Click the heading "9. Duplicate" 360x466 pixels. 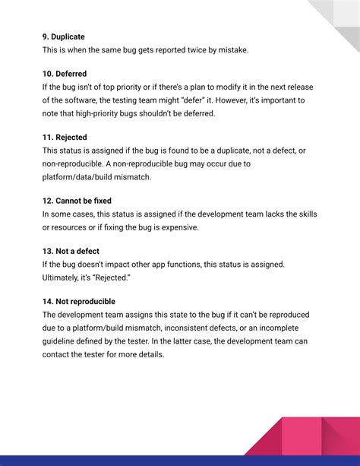pyautogui.click(x=63, y=36)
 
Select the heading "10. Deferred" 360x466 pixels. pyautogui.click(x=65, y=74)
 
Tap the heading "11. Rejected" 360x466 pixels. pyautogui.click(x=65, y=138)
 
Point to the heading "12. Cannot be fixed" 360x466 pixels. pyautogui.click(x=77, y=201)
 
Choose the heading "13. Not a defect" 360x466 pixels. pyautogui.click(x=71, y=251)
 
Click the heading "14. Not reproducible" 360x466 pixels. pyautogui.click(x=79, y=302)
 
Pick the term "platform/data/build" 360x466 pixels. pyautogui.click(x=80, y=176)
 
